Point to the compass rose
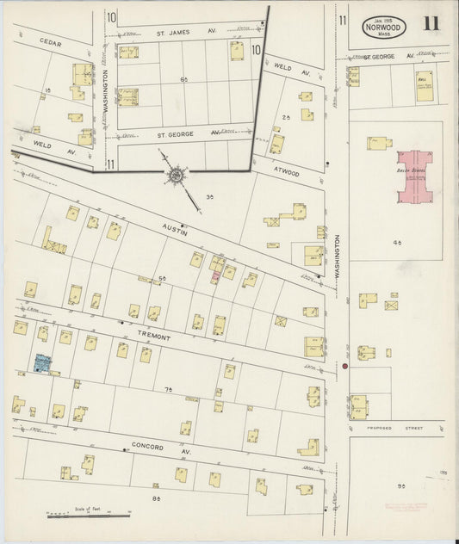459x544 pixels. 176,176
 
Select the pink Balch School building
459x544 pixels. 414,176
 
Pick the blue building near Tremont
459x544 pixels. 41,363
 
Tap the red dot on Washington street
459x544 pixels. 344,367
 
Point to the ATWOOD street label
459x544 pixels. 285,172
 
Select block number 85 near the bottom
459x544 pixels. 156,498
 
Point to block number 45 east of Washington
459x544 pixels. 397,244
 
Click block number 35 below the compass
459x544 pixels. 209,197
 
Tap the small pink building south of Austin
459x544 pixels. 215,277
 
